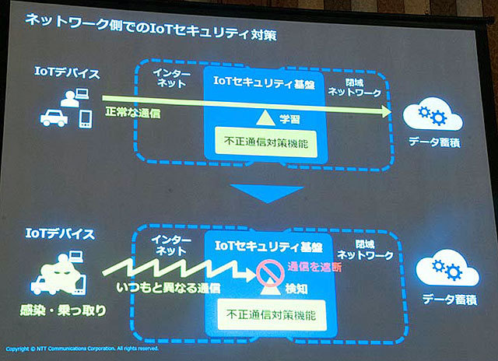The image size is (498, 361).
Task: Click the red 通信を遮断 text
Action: (x=315, y=266)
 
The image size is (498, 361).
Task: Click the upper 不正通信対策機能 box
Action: (x=265, y=143)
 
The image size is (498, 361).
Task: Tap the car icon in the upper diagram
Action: (x=55, y=118)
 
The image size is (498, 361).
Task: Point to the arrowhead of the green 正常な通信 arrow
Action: (x=386, y=112)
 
